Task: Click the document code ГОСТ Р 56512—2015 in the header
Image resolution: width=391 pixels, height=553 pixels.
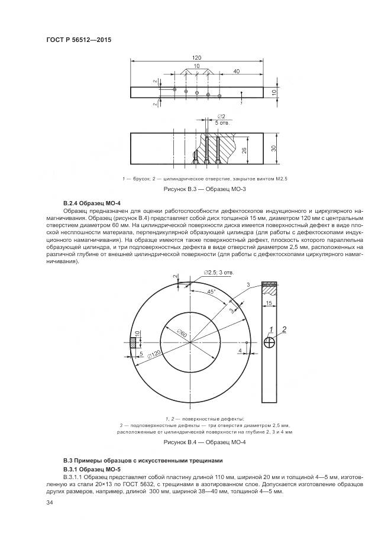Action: [x=79, y=40]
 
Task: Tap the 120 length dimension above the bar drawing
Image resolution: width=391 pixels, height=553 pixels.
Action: [x=196, y=57]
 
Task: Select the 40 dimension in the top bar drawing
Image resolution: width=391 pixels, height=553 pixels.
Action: [x=236, y=72]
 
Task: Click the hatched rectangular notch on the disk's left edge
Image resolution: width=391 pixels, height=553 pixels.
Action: [x=134, y=342]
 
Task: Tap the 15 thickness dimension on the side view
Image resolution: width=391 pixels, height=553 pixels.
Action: [x=269, y=303]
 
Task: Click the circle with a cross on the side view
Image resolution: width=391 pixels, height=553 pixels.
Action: [x=270, y=342]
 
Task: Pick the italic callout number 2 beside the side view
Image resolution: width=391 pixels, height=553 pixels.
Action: [x=285, y=329]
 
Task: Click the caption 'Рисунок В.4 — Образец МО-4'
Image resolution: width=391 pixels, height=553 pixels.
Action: [x=195, y=442]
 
